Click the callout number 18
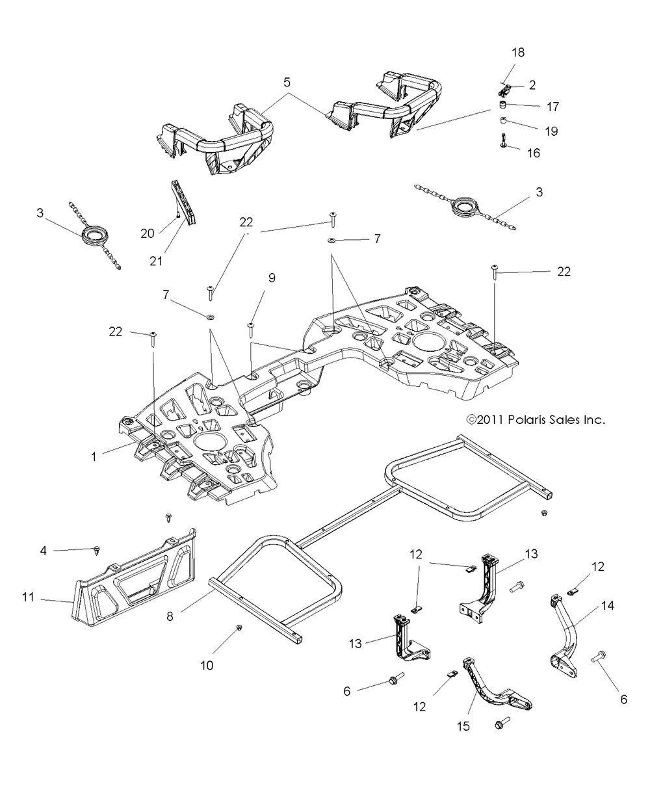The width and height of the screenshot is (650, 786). pos(519,52)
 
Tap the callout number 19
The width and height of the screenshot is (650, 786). pos(552,131)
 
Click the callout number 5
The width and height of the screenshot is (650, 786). pos(287,83)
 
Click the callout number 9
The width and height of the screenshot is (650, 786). pos(272,278)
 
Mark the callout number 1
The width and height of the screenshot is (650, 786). pos(94,456)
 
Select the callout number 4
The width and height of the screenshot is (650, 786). pos(44,551)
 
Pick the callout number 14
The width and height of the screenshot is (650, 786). pos(607,604)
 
